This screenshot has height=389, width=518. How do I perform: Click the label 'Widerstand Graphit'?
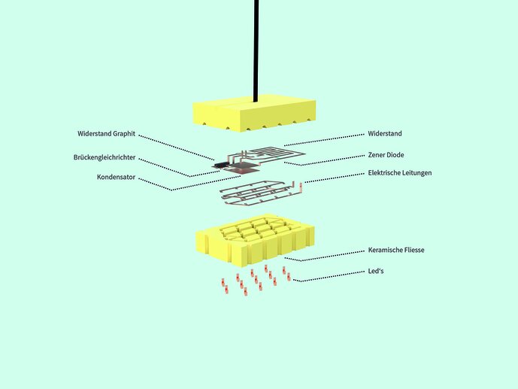(x=107, y=133)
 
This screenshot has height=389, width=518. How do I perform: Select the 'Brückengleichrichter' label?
(x=106, y=157)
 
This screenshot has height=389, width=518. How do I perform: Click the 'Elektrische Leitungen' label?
(x=400, y=172)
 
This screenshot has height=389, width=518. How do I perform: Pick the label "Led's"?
(x=376, y=271)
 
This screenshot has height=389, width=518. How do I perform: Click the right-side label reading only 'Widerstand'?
(x=385, y=133)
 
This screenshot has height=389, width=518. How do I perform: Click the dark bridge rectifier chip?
(x=221, y=163)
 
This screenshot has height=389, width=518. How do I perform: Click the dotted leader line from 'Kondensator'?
(x=195, y=184)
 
